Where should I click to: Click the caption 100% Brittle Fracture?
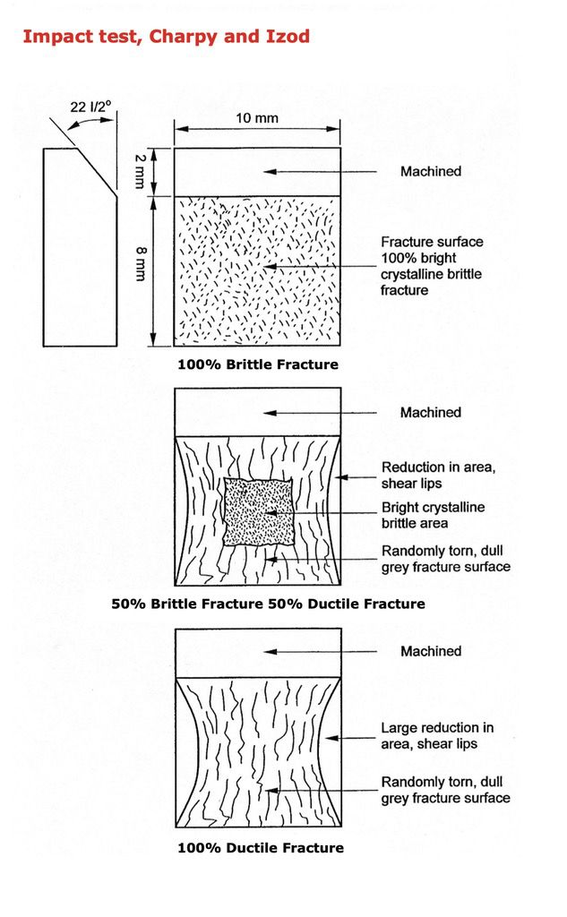pos(257,364)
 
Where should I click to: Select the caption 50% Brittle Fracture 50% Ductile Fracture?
pos(268,604)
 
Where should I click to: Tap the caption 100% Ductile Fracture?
pos(260,847)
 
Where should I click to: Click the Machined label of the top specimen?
pos(430,171)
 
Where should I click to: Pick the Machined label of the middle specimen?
pos(430,412)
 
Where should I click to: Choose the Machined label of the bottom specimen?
pos(430,651)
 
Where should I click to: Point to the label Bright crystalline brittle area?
pos(433,515)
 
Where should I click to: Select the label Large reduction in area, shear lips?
pos(436,735)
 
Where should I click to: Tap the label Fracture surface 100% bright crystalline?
pos(431,266)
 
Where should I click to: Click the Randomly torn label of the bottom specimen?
pos(445,790)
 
